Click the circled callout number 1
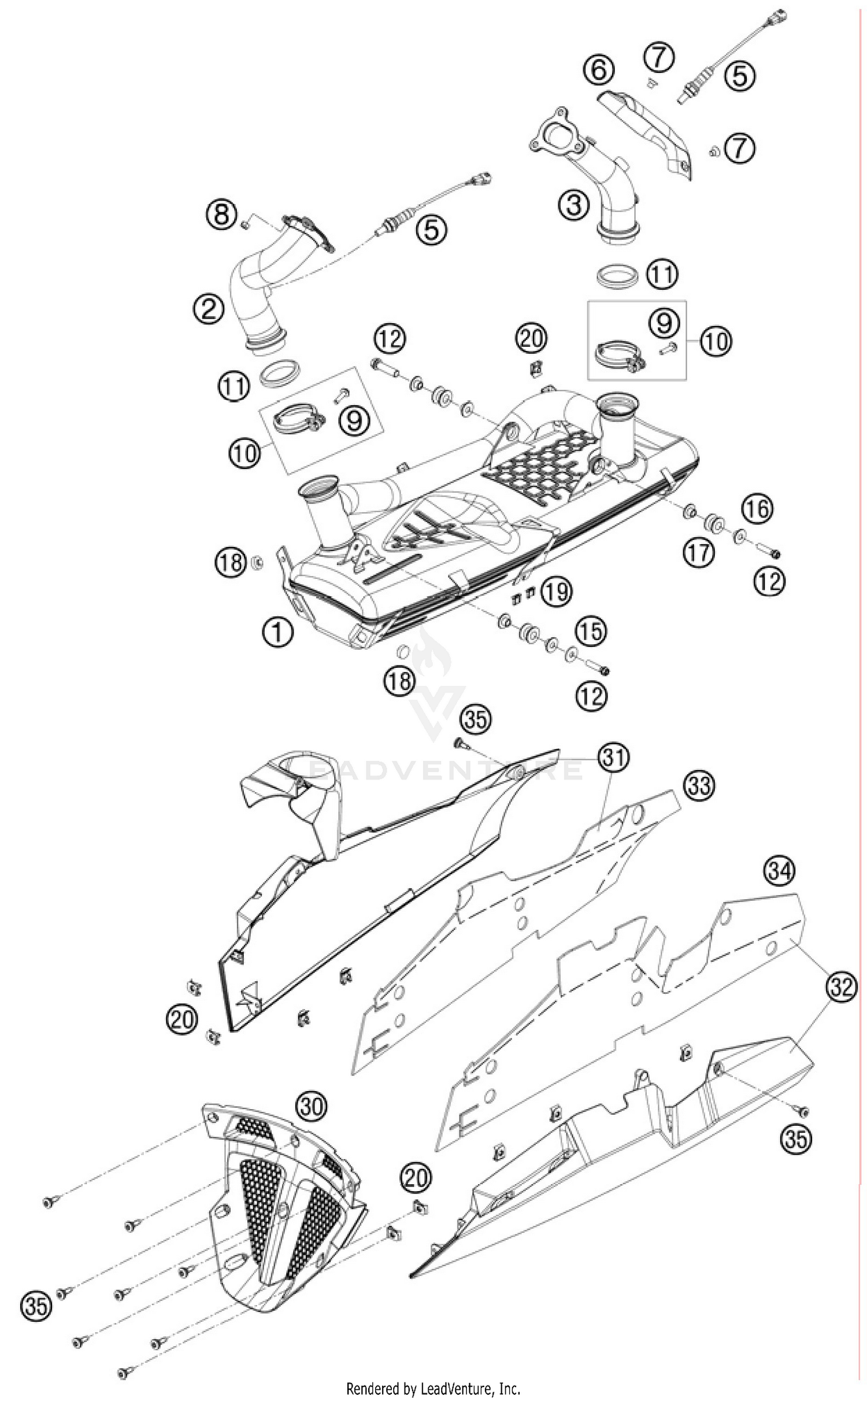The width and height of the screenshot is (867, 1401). coord(277,631)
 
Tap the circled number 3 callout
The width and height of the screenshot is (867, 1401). coord(573,205)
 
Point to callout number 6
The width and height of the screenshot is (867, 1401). coord(598,69)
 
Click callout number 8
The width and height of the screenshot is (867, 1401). coord(222,215)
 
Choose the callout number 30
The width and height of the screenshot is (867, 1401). coord(312,1106)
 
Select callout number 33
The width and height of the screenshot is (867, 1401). coord(699,785)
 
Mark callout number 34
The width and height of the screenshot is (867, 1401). coord(779,871)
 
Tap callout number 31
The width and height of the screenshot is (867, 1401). coord(614,757)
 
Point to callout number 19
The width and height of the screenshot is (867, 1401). coord(557,592)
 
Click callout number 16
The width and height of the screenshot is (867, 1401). coord(757,509)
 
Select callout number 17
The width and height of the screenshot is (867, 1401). coord(698,553)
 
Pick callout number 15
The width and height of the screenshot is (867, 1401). coord(591,630)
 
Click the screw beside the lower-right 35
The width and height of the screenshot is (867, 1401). coord(803,1111)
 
